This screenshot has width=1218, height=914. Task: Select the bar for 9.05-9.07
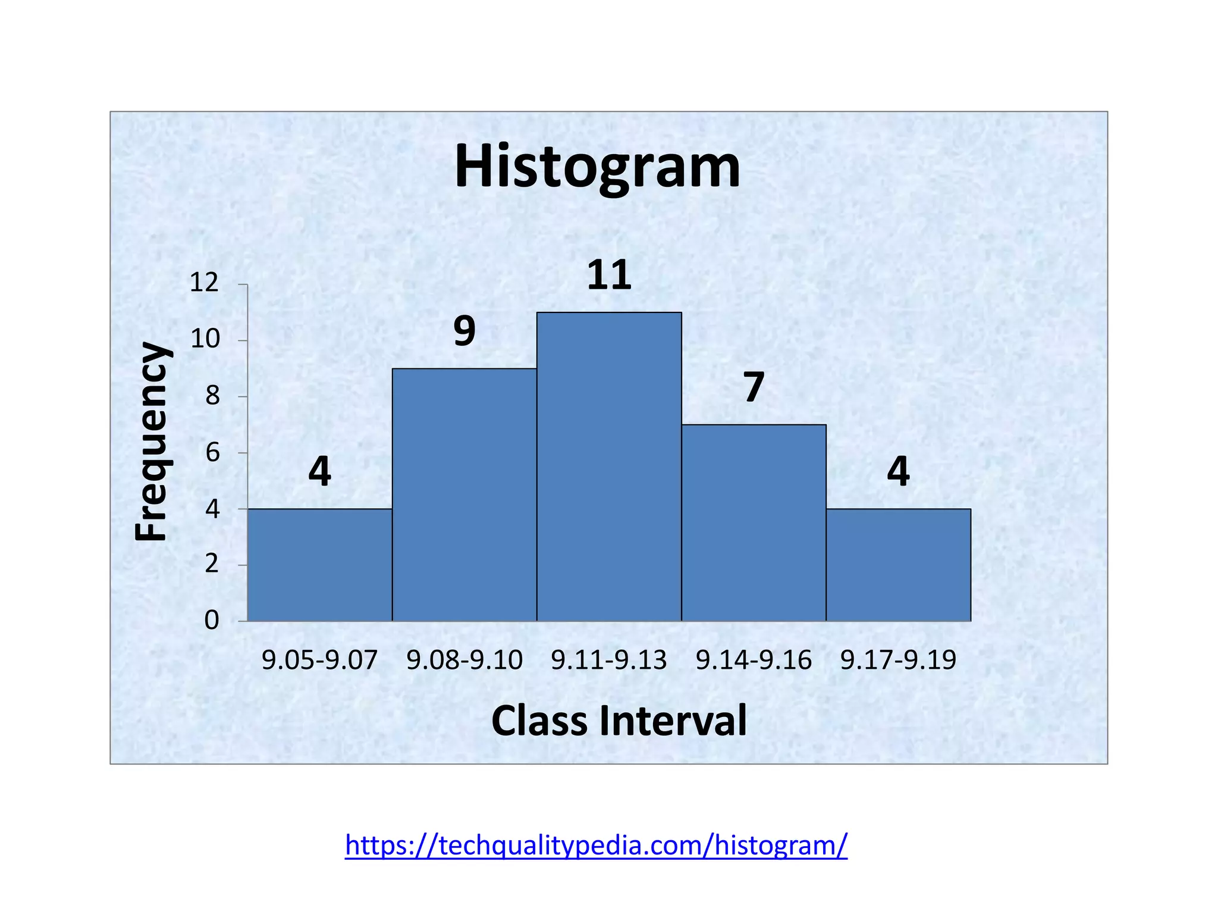[x=319, y=565]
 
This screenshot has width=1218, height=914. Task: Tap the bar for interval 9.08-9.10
[x=464, y=494]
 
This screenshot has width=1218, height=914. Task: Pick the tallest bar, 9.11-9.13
[x=609, y=467]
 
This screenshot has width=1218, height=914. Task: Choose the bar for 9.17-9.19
[x=898, y=565]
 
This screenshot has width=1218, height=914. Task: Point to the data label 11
[x=609, y=276]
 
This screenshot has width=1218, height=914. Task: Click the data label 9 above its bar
[x=464, y=331]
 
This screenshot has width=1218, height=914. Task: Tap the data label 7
[x=754, y=387]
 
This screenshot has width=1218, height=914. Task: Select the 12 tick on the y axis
[x=205, y=283]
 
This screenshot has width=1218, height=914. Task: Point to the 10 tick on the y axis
[x=205, y=339]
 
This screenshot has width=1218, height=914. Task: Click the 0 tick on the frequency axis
[x=212, y=621]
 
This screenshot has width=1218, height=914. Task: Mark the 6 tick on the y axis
[x=212, y=453]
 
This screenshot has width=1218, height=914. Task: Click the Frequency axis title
[x=151, y=441]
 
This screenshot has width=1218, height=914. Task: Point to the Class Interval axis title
[x=619, y=721]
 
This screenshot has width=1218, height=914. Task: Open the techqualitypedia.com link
[x=596, y=845]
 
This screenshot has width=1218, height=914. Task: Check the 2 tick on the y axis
[x=212, y=564]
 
